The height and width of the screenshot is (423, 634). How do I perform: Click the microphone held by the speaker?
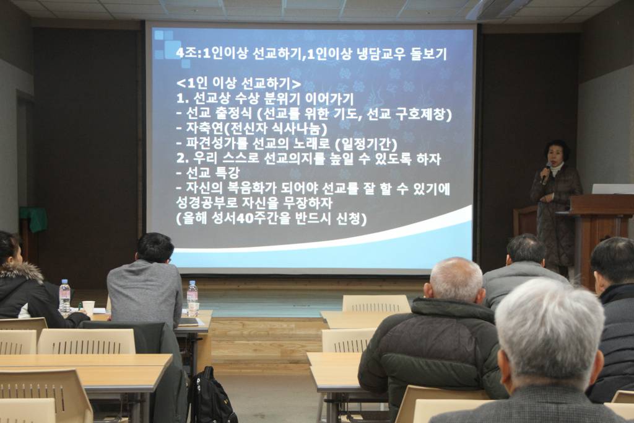546,172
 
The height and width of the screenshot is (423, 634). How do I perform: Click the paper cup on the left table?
89,309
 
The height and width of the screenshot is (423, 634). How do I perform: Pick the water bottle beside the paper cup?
64,296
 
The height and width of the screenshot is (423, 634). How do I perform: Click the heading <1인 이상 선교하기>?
239,84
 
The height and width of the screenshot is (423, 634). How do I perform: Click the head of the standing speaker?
557,151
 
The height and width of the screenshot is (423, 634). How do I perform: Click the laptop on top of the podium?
613,189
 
